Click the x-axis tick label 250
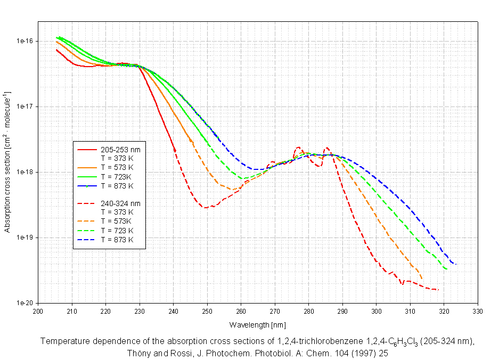coord(207,312)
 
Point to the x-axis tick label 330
coord(478,312)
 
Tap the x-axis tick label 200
coord(38,312)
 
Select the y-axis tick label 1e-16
coord(25,41)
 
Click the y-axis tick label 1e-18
coord(25,172)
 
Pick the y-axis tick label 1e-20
coord(25,303)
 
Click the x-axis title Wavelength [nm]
coord(257,324)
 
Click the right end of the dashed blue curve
coord(456,264)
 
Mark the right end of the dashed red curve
coord(438,290)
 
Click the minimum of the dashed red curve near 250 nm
coord(206,208)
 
